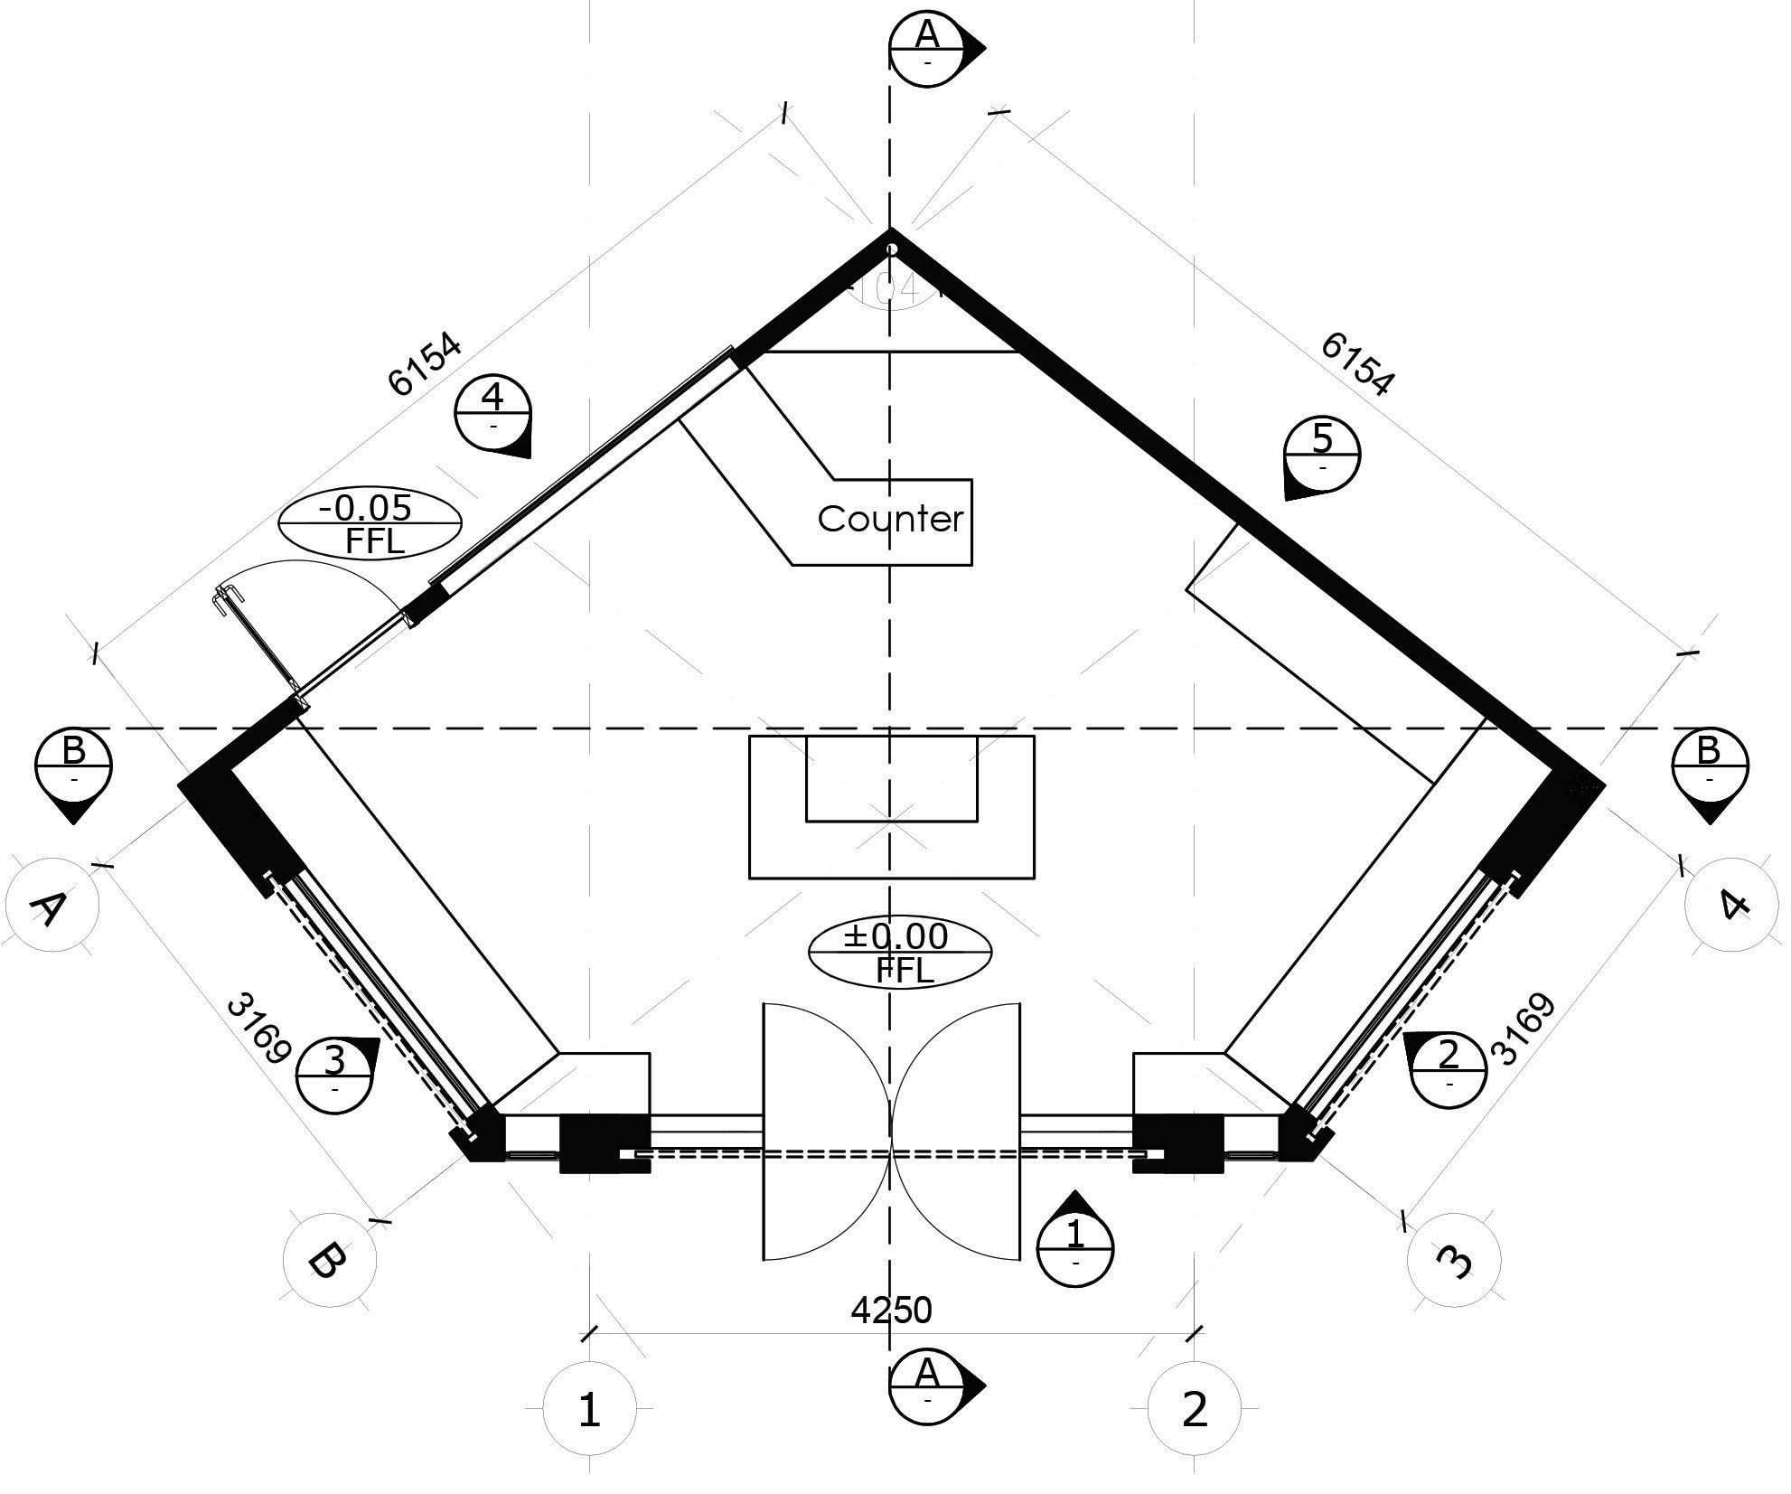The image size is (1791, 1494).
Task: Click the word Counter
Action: point(890,519)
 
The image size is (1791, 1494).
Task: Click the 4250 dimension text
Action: point(891,1310)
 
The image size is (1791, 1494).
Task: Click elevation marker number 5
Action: point(1322,455)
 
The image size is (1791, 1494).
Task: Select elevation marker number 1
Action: point(1075,1248)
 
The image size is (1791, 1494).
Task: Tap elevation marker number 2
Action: point(1448,1069)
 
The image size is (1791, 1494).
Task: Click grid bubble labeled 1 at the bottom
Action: point(589,1409)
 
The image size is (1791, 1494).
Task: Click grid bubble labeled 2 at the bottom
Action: point(1194,1409)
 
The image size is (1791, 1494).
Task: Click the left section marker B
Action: point(73,766)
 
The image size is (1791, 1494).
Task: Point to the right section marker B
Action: point(1709,766)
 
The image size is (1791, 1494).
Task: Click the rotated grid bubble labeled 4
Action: point(1730,905)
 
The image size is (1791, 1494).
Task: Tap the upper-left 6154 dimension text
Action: point(425,365)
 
